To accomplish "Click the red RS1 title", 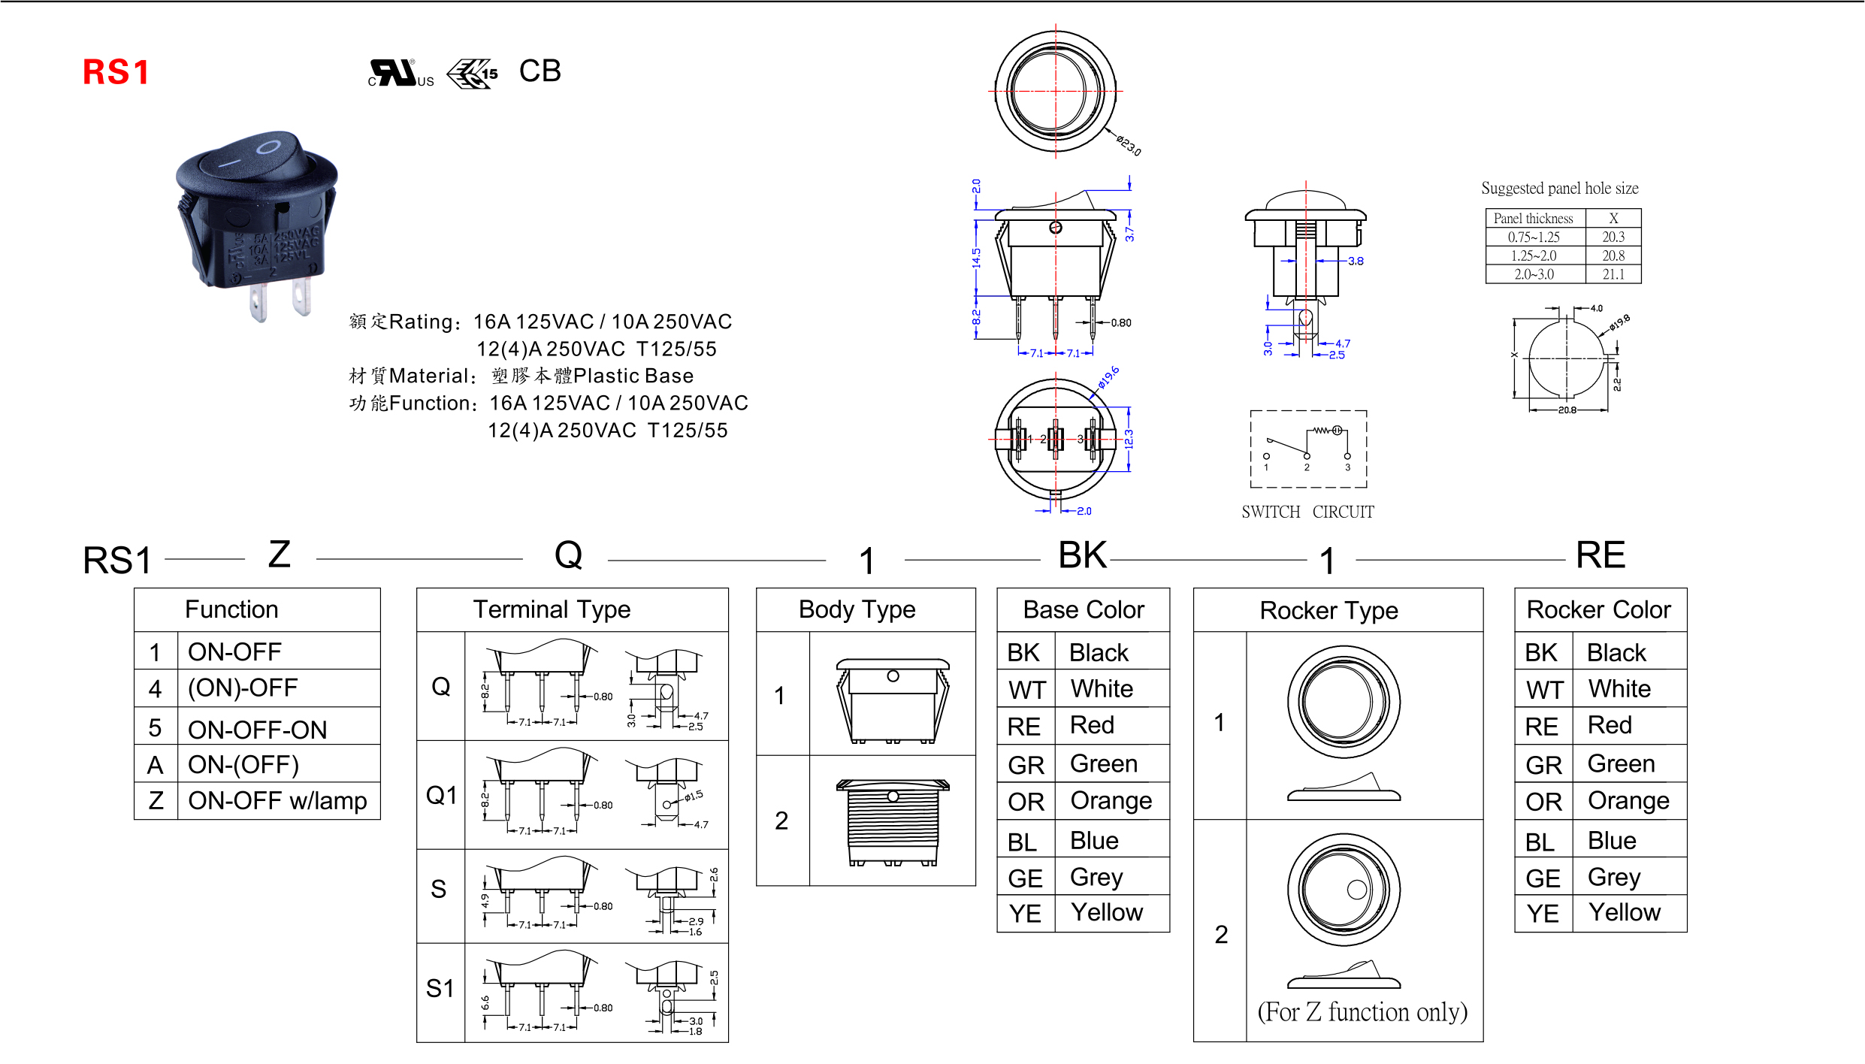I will [116, 72].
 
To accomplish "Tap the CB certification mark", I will [540, 71].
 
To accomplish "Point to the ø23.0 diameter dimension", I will [1128, 145].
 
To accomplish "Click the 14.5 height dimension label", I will [976, 258].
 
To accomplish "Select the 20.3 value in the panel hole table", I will [1613, 237].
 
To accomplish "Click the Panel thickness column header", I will [1533, 219].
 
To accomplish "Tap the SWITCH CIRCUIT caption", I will [1307, 512].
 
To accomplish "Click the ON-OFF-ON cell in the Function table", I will [257, 729].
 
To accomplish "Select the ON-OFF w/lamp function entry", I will [277, 800].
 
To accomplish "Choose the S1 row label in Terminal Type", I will [440, 988].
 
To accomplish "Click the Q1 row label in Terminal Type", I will [441, 795].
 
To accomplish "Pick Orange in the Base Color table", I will [1111, 801].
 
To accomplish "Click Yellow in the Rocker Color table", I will [1624, 912].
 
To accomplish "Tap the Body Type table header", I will [857, 609].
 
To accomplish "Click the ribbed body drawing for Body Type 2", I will [893, 823].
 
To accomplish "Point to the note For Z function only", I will [1362, 1012].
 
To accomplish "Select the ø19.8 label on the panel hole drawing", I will [1619, 322].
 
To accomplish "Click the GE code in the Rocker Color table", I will [1543, 878].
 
